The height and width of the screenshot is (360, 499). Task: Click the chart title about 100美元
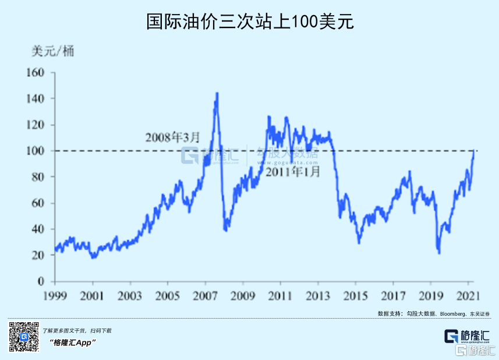click(x=249, y=22)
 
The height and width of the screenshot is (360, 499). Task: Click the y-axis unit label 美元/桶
click(x=53, y=51)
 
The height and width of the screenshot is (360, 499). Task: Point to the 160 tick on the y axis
click(x=36, y=73)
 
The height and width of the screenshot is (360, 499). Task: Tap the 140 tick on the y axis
click(x=36, y=99)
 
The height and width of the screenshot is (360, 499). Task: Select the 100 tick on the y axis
click(x=36, y=151)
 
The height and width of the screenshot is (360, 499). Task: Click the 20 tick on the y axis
click(x=38, y=255)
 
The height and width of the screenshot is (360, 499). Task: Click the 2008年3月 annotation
click(x=172, y=138)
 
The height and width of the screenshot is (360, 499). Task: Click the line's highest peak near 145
click(x=217, y=93)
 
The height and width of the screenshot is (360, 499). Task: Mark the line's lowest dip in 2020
click(x=439, y=253)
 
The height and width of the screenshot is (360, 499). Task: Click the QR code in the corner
click(x=24, y=336)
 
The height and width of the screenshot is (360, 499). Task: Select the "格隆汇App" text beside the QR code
click(x=73, y=343)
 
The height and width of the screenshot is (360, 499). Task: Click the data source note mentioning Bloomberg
click(x=436, y=313)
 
